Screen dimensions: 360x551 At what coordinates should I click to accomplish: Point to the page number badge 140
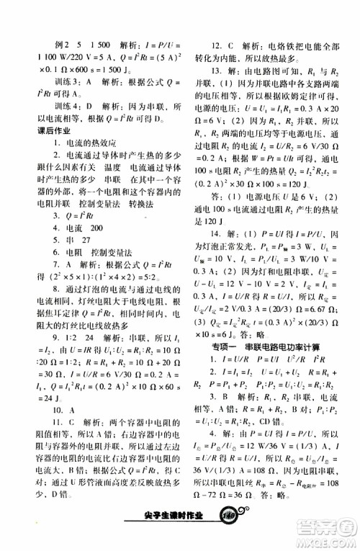[x=230, y=534]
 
